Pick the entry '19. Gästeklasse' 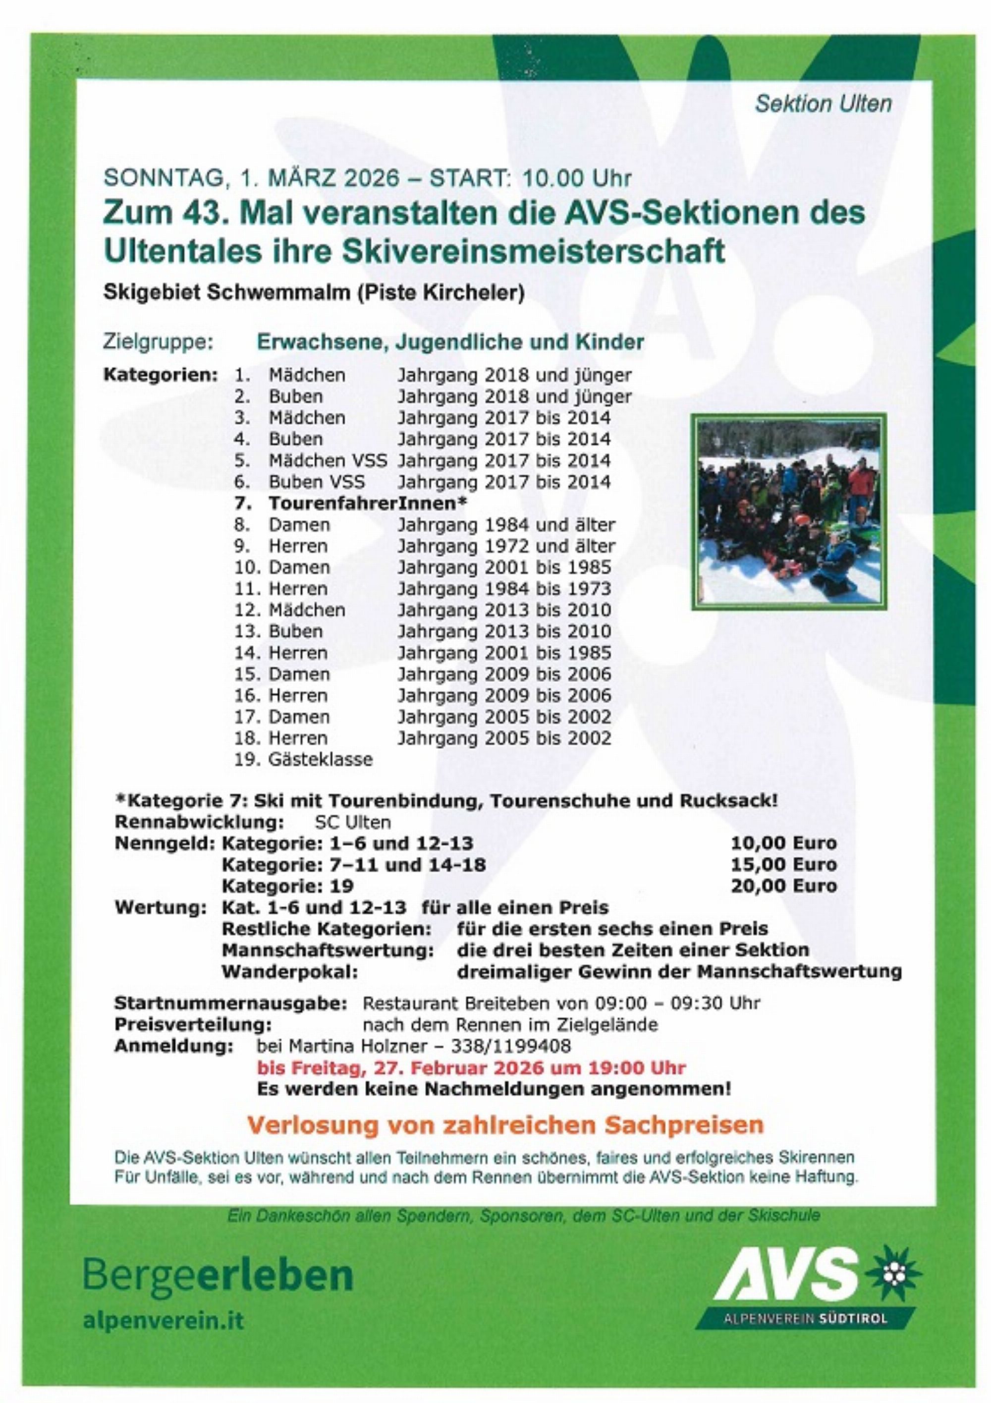tap(303, 760)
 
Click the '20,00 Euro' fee tap(784, 886)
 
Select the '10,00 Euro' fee tap(784, 843)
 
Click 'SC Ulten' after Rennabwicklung tap(352, 822)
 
